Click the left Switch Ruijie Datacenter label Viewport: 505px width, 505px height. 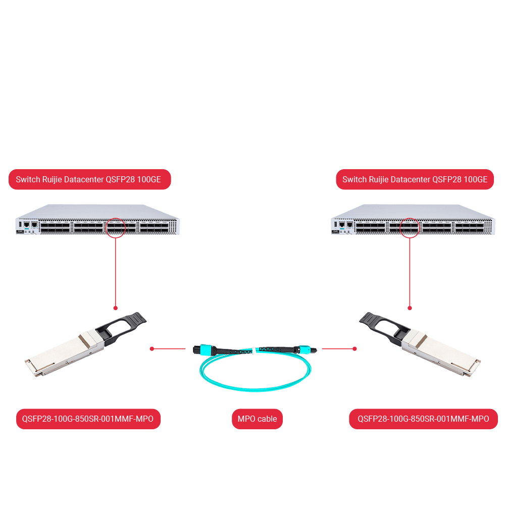(90, 179)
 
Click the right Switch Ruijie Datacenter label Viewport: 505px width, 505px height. (415, 179)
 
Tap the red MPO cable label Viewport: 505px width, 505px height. (257, 419)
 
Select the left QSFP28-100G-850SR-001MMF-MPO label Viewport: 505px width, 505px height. (88, 419)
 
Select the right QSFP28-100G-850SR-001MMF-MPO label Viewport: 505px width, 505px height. (423, 419)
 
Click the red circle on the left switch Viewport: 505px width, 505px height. (116, 228)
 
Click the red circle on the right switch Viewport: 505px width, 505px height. (410, 228)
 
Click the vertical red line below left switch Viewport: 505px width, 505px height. (116, 273)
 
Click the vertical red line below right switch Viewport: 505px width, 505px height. (410, 273)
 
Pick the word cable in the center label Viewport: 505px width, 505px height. (267, 419)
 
